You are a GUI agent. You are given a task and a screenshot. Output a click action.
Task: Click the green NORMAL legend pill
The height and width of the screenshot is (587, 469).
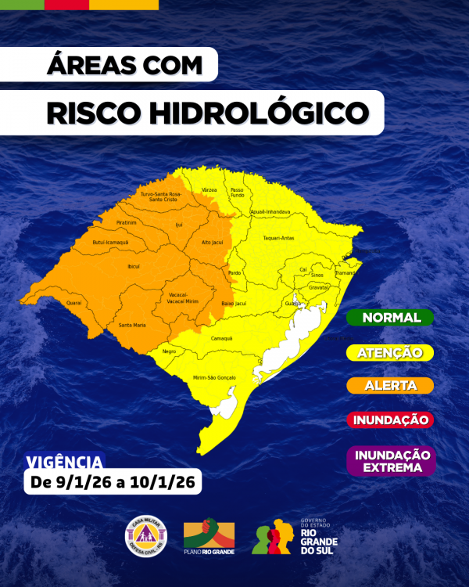390,318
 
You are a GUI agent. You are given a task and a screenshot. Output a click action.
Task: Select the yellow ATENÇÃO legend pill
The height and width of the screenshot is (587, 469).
390,353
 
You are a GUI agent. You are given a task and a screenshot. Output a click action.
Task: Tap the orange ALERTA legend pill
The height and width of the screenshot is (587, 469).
390,386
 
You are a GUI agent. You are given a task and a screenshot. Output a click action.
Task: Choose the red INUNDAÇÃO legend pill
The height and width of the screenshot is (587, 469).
390,420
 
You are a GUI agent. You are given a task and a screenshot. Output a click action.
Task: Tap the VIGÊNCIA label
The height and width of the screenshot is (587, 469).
63,462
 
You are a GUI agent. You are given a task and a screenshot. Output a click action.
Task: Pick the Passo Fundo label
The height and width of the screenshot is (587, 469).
238,192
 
